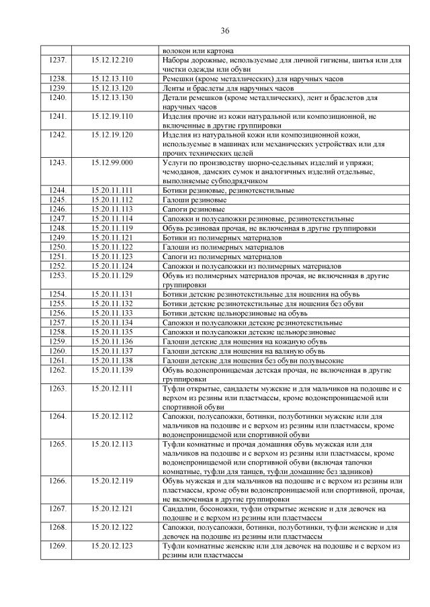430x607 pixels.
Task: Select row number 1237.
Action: (x=58, y=60)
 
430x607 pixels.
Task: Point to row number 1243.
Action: (x=58, y=162)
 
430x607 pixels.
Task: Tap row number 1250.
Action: (x=58, y=246)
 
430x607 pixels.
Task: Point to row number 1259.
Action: (x=58, y=341)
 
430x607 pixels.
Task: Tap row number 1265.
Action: (x=58, y=444)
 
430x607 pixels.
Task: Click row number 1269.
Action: (x=58, y=547)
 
